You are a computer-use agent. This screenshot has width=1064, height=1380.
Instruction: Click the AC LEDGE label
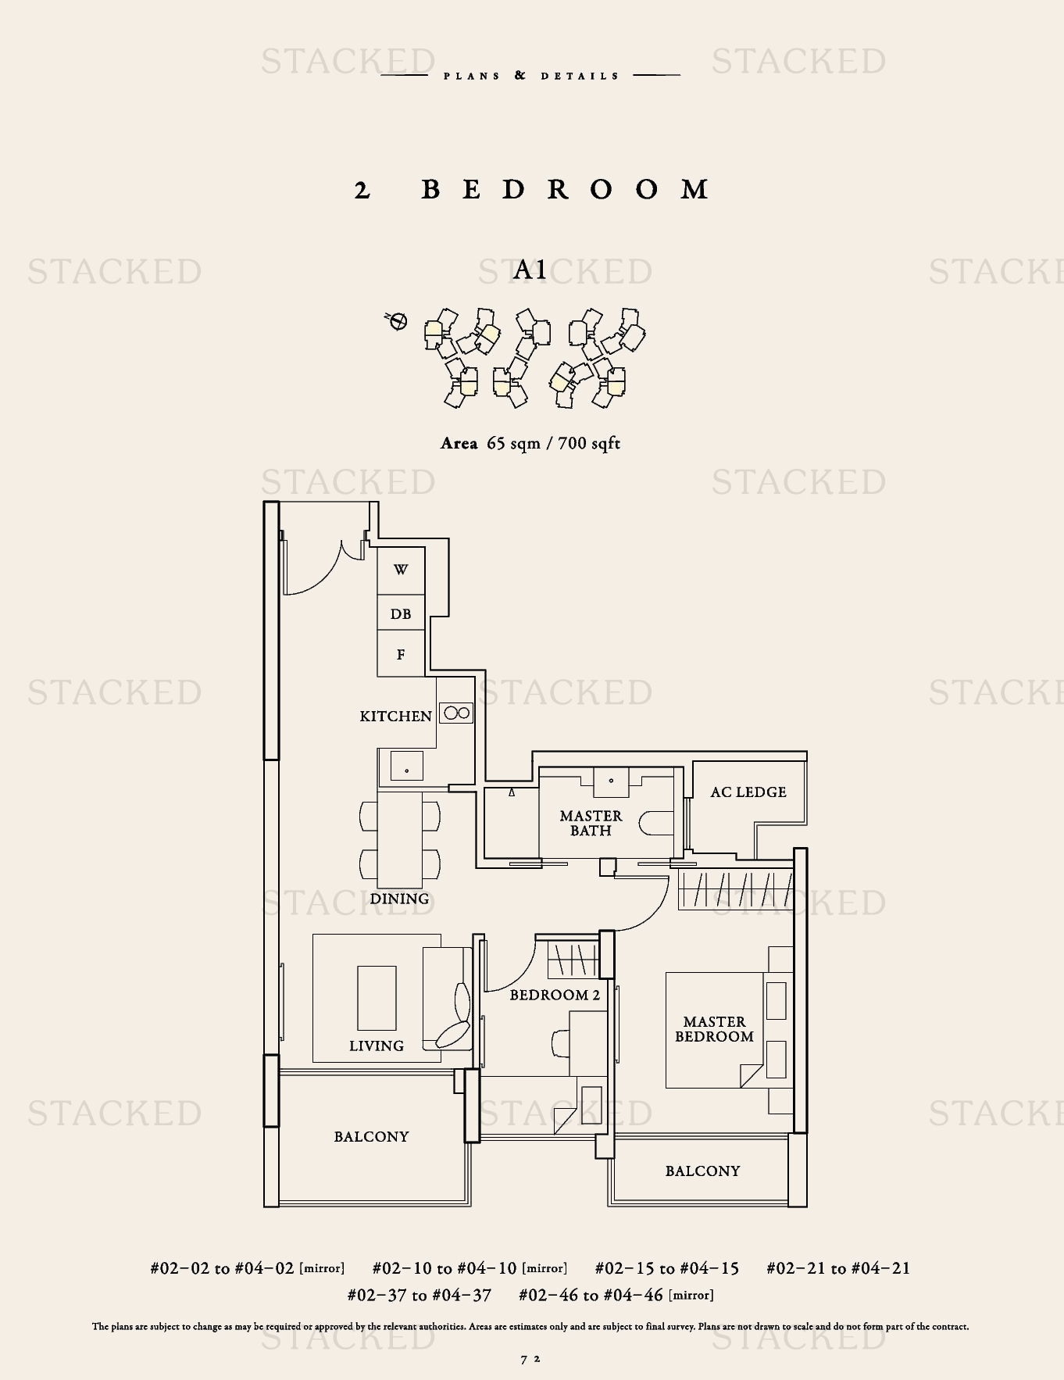pos(748,792)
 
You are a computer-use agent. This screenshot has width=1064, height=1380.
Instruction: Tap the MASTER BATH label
pos(591,823)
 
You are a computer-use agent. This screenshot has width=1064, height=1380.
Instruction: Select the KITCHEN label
pos(395,716)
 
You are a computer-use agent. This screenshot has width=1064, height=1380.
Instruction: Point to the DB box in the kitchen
pos(401,613)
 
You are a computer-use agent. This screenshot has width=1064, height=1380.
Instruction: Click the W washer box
pos(401,570)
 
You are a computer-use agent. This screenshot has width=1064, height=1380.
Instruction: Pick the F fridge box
pos(401,653)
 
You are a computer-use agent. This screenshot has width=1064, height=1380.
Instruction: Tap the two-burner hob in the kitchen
pos(456,713)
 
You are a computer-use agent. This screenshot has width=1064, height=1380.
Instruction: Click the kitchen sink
pos(406,766)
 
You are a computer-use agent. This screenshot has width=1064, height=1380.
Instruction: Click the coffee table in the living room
pos(377,998)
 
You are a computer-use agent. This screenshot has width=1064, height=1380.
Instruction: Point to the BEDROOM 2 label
pos(555,995)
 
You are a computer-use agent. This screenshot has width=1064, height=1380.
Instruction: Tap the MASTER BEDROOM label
pos(714,1029)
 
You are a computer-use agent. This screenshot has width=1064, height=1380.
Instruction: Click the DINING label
pos(399,899)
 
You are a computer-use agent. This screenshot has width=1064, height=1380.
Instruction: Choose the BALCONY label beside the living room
pos(371,1136)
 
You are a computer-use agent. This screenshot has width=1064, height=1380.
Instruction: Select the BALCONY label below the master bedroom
pos(702,1171)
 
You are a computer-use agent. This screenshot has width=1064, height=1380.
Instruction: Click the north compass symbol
pos(397,320)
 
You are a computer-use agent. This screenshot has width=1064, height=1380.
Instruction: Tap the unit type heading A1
pos(530,270)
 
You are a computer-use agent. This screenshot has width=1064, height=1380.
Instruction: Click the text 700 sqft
pos(589,443)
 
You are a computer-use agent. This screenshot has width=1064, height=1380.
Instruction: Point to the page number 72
pos(530,1359)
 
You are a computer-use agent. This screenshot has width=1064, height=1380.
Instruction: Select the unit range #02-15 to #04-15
pos(666,1268)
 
